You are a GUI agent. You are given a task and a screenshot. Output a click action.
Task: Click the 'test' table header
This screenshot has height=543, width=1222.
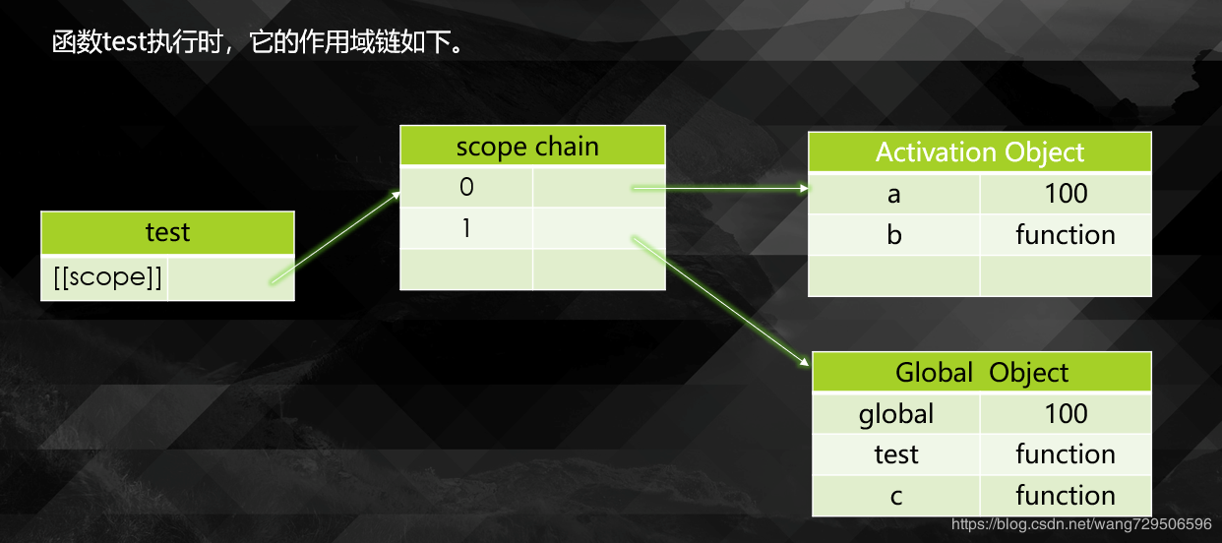pyautogui.click(x=167, y=233)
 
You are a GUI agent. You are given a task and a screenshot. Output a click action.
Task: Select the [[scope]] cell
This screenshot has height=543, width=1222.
pyautogui.click(x=104, y=278)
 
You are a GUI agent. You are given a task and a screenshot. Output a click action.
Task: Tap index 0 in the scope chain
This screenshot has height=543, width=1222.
pyautogui.click(x=466, y=187)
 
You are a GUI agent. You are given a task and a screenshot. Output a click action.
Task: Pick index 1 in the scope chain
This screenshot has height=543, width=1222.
pyautogui.click(x=466, y=228)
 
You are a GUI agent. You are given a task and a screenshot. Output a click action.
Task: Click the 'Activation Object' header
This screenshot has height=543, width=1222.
pyautogui.click(x=979, y=152)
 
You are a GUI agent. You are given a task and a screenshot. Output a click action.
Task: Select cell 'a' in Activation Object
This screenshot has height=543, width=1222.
pyautogui.click(x=893, y=194)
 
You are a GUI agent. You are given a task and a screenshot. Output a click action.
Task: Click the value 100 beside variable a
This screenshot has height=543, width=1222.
pyautogui.click(x=1066, y=194)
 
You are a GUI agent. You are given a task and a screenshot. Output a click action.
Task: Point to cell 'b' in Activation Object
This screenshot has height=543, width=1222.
pyautogui.click(x=893, y=235)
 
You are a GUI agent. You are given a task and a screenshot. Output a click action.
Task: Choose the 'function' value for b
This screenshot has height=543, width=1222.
pyautogui.click(x=1065, y=235)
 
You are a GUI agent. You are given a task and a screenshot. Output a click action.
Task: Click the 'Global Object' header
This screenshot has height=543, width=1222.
pyautogui.click(x=981, y=373)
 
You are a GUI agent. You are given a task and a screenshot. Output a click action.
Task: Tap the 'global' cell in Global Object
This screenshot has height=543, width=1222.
pyautogui.click(x=895, y=414)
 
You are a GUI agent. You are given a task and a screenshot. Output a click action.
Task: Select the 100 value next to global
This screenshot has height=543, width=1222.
pyautogui.click(x=1066, y=414)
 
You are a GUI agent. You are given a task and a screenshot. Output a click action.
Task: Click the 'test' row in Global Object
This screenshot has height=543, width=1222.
pyautogui.click(x=895, y=454)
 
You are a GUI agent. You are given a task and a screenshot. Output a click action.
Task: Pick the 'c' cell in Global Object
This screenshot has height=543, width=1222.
pyautogui.click(x=895, y=496)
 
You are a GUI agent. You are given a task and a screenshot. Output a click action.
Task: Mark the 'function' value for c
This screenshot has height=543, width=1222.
pyautogui.click(x=1065, y=496)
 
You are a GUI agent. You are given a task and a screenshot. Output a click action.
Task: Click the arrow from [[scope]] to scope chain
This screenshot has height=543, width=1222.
pyautogui.click(x=335, y=237)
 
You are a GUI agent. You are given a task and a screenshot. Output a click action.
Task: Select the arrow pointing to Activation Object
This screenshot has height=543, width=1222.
pyautogui.click(x=718, y=187)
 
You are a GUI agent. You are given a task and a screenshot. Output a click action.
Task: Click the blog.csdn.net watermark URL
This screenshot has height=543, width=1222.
pyautogui.click(x=1081, y=525)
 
